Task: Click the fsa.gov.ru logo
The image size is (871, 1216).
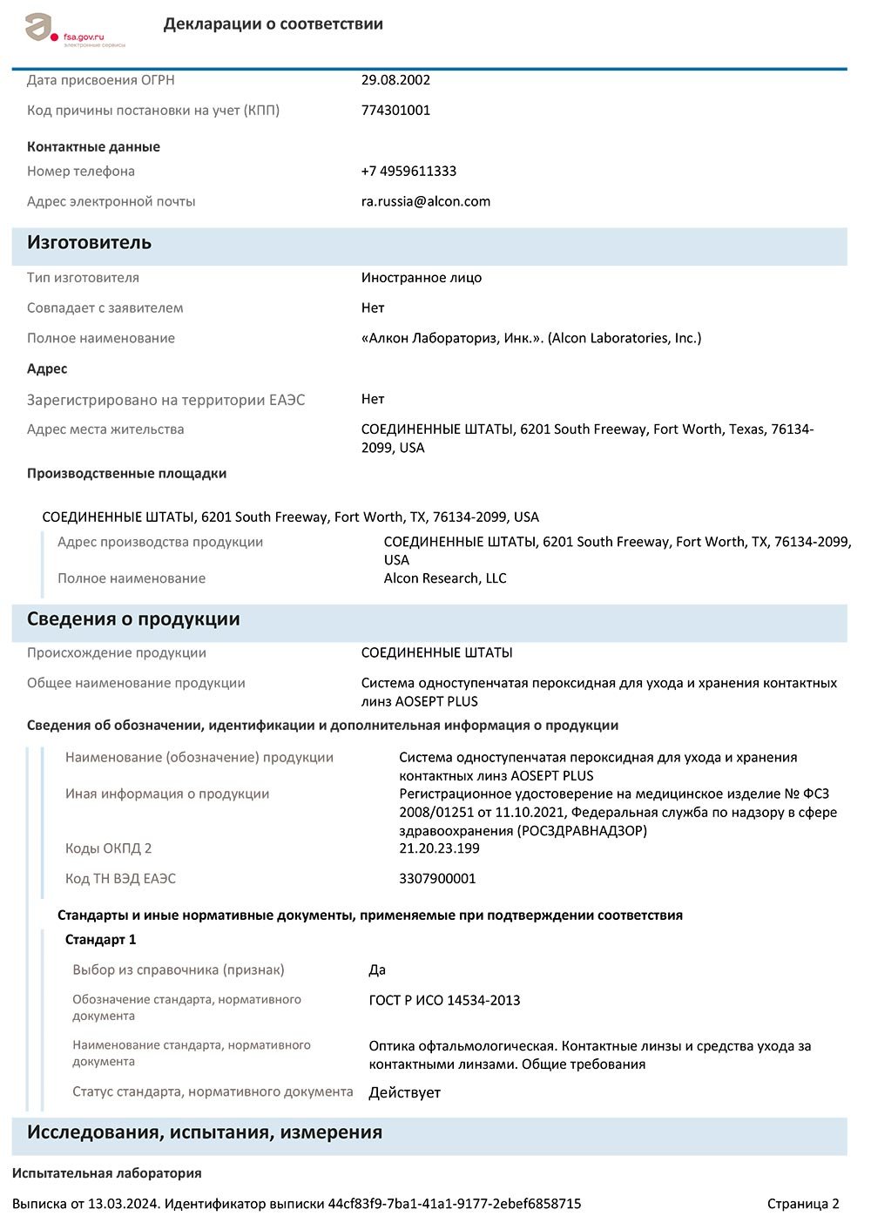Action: (73, 30)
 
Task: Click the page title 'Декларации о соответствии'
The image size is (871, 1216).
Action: (273, 24)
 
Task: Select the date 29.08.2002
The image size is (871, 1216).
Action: (395, 80)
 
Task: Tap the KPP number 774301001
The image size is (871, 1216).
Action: (395, 111)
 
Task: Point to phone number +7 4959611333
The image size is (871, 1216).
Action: (408, 172)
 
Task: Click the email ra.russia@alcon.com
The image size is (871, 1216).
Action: (425, 201)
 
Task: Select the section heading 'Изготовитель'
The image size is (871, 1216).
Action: (89, 243)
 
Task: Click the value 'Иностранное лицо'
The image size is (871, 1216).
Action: (421, 278)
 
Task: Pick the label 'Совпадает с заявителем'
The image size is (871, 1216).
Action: (105, 308)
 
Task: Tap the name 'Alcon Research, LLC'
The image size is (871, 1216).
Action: (444, 578)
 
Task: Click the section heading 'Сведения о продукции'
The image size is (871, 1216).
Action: (132, 619)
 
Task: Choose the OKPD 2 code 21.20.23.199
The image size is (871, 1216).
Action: (439, 848)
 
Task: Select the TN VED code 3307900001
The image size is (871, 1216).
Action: (437, 879)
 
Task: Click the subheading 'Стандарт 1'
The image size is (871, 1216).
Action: (100, 940)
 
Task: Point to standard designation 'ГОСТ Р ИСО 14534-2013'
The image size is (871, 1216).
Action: (444, 1001)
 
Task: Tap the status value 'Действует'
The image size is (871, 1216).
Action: (404, 1092)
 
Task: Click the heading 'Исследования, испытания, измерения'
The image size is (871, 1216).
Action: (204, 1132)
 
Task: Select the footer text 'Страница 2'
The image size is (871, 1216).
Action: (802, 1204)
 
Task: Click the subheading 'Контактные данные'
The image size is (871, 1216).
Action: (93, 147)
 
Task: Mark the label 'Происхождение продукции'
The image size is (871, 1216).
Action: (116, 653)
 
